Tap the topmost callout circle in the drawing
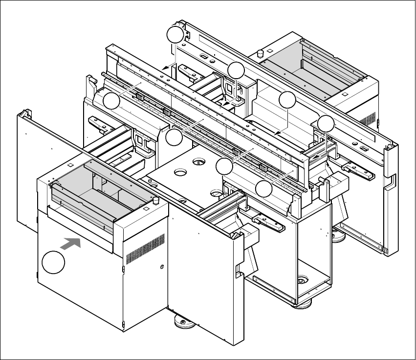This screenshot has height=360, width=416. [x=176, y=35]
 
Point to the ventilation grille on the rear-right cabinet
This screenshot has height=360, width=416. [x=369, y=119]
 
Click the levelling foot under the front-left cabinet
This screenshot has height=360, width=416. [x=183, y=323]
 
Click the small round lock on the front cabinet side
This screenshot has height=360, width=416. [x=161, y=267]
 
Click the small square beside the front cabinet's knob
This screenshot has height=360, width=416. [x=145, y=211]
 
